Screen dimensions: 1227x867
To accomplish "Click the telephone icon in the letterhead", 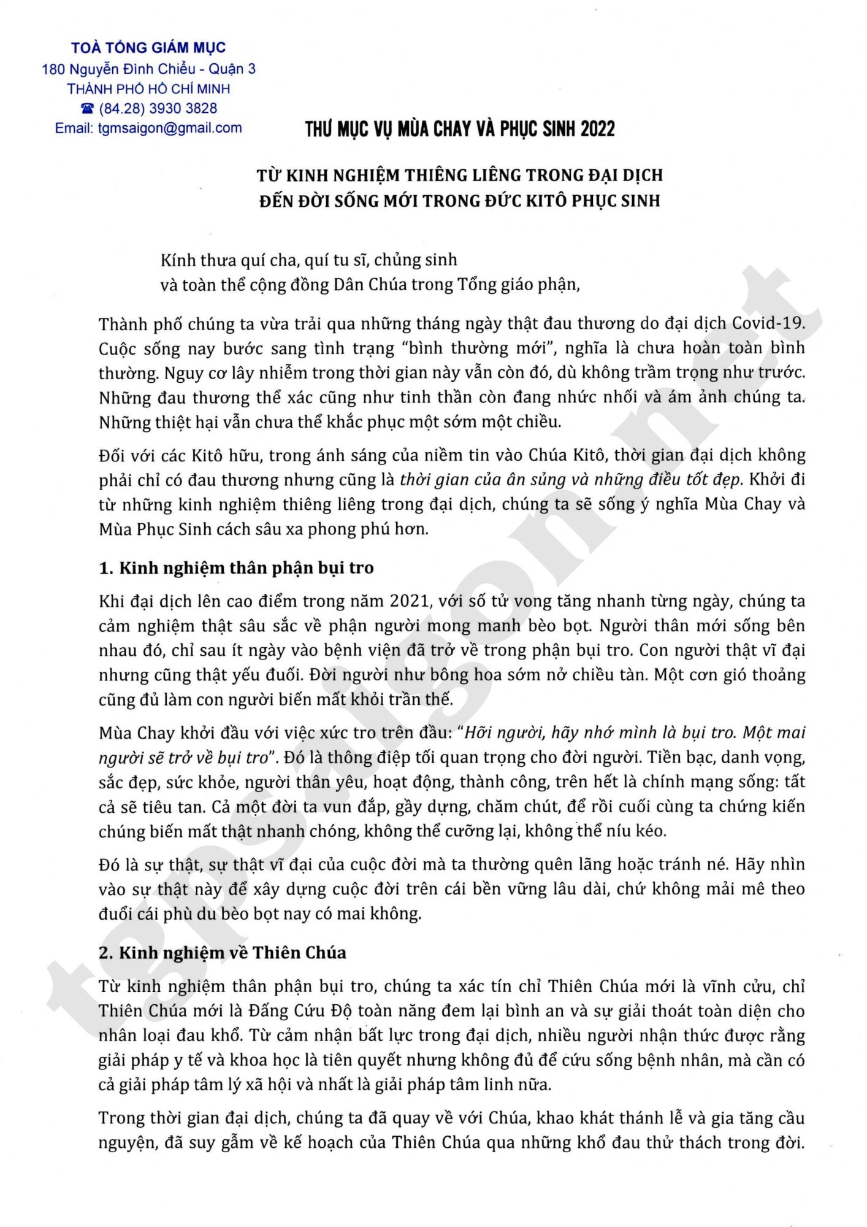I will (x=88, y=109).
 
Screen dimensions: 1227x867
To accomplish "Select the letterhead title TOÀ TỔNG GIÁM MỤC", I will (x=148, y=47).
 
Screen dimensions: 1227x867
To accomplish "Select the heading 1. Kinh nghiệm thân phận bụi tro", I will (x=236, y=567).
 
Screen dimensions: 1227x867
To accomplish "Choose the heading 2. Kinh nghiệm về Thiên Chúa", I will (x=223, y=953).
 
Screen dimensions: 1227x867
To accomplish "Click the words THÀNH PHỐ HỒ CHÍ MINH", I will (x=148, y=89).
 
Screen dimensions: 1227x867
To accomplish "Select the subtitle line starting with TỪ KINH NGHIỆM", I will (x=459, y=175).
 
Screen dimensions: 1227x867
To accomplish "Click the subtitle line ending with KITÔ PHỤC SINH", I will (x=459, y=201).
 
